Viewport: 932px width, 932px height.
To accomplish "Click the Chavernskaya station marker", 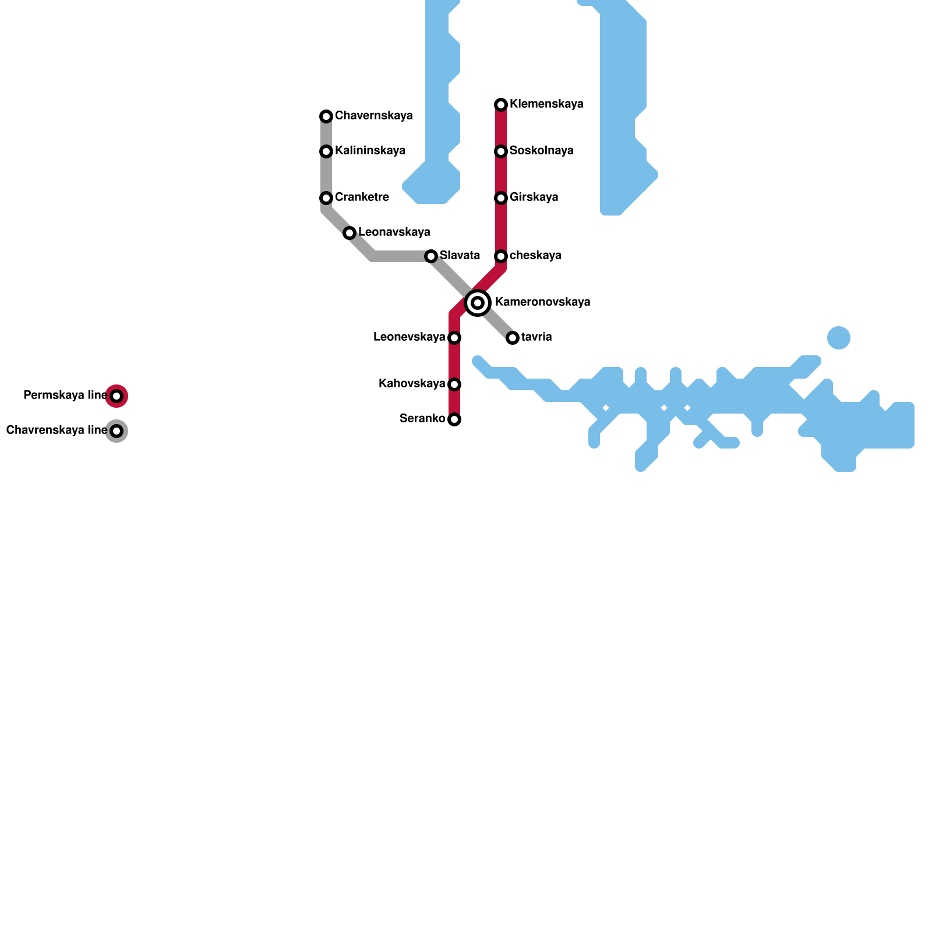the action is point(326,116).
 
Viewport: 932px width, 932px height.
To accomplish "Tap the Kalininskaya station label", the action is point(370,151).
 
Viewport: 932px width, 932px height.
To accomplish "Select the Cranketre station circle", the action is point(326,198).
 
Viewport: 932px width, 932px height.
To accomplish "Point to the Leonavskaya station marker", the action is point(349,233).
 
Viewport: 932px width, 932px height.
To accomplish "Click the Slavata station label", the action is point(460,256).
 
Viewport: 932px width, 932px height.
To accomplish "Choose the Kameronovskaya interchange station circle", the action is point(478,303).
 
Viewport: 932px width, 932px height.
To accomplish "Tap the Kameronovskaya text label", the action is point(542,302).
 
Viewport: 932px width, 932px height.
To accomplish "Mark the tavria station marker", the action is point(513,338).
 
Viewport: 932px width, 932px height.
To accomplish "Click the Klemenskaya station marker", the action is point(501,105).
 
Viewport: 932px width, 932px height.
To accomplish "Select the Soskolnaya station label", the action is point(541,151).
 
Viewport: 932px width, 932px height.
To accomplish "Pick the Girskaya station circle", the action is point(501,198).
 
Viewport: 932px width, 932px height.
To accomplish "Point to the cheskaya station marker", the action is point(501,256).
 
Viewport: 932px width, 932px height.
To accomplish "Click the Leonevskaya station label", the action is point(409,337).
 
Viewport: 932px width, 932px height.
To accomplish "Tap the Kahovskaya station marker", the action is point(454,384).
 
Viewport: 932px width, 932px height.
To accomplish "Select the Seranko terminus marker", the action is point(454,419).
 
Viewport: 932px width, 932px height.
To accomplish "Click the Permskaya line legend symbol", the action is point(116,396).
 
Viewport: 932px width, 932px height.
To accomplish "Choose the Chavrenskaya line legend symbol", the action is point(116,431).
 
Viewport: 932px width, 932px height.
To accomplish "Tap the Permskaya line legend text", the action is point(65,396).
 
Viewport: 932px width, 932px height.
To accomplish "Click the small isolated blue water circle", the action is point(839,338).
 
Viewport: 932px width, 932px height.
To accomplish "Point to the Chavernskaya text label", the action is point(373,116).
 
